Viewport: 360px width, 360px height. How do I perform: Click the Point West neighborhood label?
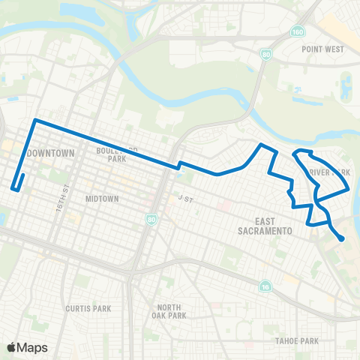pyautogui.click(x=322, y=49)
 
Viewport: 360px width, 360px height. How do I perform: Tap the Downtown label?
pyautogui.click(x=51, y=153)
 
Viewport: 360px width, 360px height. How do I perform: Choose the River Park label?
pyautogui.click(x=330, y=172)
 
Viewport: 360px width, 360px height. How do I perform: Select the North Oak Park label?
pyautogui.click(x=171, y=311)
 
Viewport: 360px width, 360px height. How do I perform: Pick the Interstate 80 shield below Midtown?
pyautogui.click(x=152, y=220)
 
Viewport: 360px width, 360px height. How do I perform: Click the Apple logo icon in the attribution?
pyautogui.click(x=12, y=347)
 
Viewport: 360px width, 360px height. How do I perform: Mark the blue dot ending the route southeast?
pyautogui.click(x=342, y=239)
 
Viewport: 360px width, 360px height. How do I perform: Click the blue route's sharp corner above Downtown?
pyautogui.click(x=34, y=120)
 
